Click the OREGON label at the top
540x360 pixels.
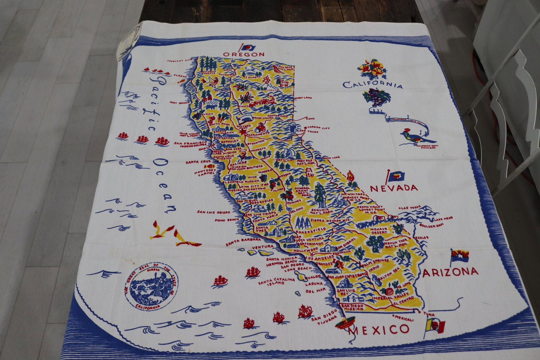click(244, 54)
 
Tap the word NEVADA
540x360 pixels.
click(394, 188)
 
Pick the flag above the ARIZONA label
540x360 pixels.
click(459, 256)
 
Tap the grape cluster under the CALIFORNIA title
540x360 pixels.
click(376, 96)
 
